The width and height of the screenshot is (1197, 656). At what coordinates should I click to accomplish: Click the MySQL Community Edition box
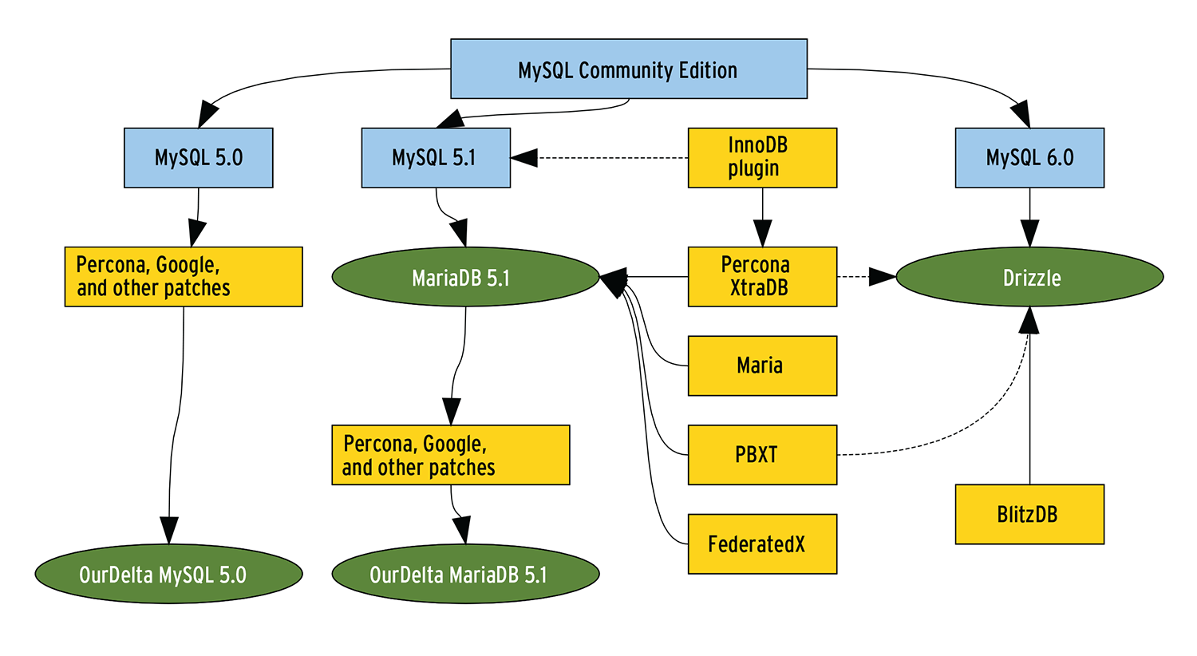pyautogui.click(x=629, y=69)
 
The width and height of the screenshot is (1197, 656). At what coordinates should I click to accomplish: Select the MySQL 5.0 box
pyautogui.click(x=199, y=158)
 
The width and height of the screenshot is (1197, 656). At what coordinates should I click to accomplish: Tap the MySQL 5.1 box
pyautogui.click(x=436, y=158)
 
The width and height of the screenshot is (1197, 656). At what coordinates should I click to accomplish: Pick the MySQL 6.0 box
pyautogui.click(x=1029, y=158)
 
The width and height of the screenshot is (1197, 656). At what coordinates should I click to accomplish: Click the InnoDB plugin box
pyautogui.click(x=762, y=158)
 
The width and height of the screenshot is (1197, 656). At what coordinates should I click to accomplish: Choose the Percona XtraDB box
pyautogui.click(x=762, y=277)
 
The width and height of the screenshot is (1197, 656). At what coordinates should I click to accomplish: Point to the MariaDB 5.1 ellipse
pyautogui.click(x=465, y=277)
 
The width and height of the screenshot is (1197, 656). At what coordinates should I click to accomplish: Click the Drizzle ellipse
pyautogui.click(x=1029, y=277)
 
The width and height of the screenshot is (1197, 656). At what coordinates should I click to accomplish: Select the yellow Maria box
pyautogui.click(x=762, y=366)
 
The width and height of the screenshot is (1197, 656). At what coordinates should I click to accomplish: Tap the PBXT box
pyautogui.click(x=762, y=455)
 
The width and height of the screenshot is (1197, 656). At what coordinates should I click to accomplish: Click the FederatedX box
pyautogui.click(x=762, y=544)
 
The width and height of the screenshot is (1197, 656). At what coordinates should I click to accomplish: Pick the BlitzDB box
pyautogui.click(x=1029, y=515)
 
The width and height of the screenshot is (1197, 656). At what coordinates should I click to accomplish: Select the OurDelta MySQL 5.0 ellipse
pyautogui.click(x=168, y=574)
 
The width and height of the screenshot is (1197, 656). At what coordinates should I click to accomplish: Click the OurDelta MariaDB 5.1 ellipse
pyautogui.click(x=465, y=574)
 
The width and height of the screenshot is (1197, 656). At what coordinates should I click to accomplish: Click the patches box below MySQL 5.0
pyautogui.click(x=184, y=277)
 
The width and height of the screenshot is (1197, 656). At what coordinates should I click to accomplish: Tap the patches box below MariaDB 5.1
pyautogui.click(x=451, y=455)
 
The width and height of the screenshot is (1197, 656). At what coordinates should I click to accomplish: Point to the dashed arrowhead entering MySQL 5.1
pyautogui.click(x=524, y=158)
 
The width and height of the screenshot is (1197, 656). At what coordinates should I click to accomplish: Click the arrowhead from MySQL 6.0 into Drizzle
pyautogui.click(x=1029, y=234)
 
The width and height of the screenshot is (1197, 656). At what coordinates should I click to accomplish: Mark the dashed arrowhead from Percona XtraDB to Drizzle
pyautogui.click(x=882, y=277)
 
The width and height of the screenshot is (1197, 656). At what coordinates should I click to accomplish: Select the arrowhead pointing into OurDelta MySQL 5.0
pyautogui.click(x=168, y=531)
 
